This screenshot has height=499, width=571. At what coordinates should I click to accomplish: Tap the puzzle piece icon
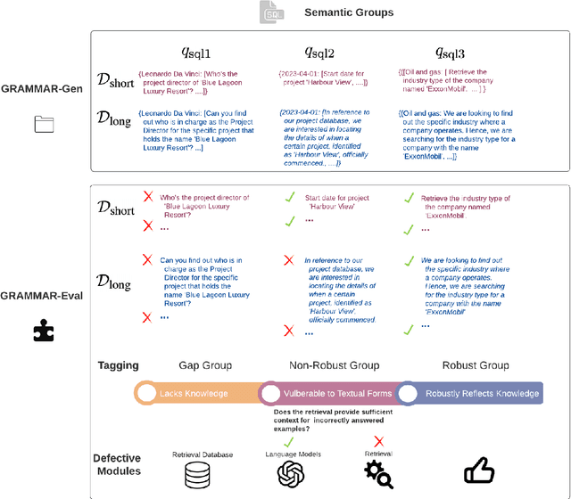[44, 331]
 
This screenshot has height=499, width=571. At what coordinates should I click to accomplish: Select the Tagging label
[118, 365]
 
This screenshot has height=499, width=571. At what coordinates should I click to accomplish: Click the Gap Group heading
[199, 365]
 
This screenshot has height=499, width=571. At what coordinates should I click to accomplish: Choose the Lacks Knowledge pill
[194, 393]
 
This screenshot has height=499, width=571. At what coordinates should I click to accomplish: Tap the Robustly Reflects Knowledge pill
[473, 393]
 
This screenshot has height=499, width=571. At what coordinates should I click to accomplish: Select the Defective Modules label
[118, 464]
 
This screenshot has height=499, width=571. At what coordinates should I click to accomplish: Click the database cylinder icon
[198, 476]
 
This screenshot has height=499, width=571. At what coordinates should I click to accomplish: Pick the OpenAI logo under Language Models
[292, 476]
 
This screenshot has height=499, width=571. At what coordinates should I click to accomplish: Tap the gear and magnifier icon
[378, 475]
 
